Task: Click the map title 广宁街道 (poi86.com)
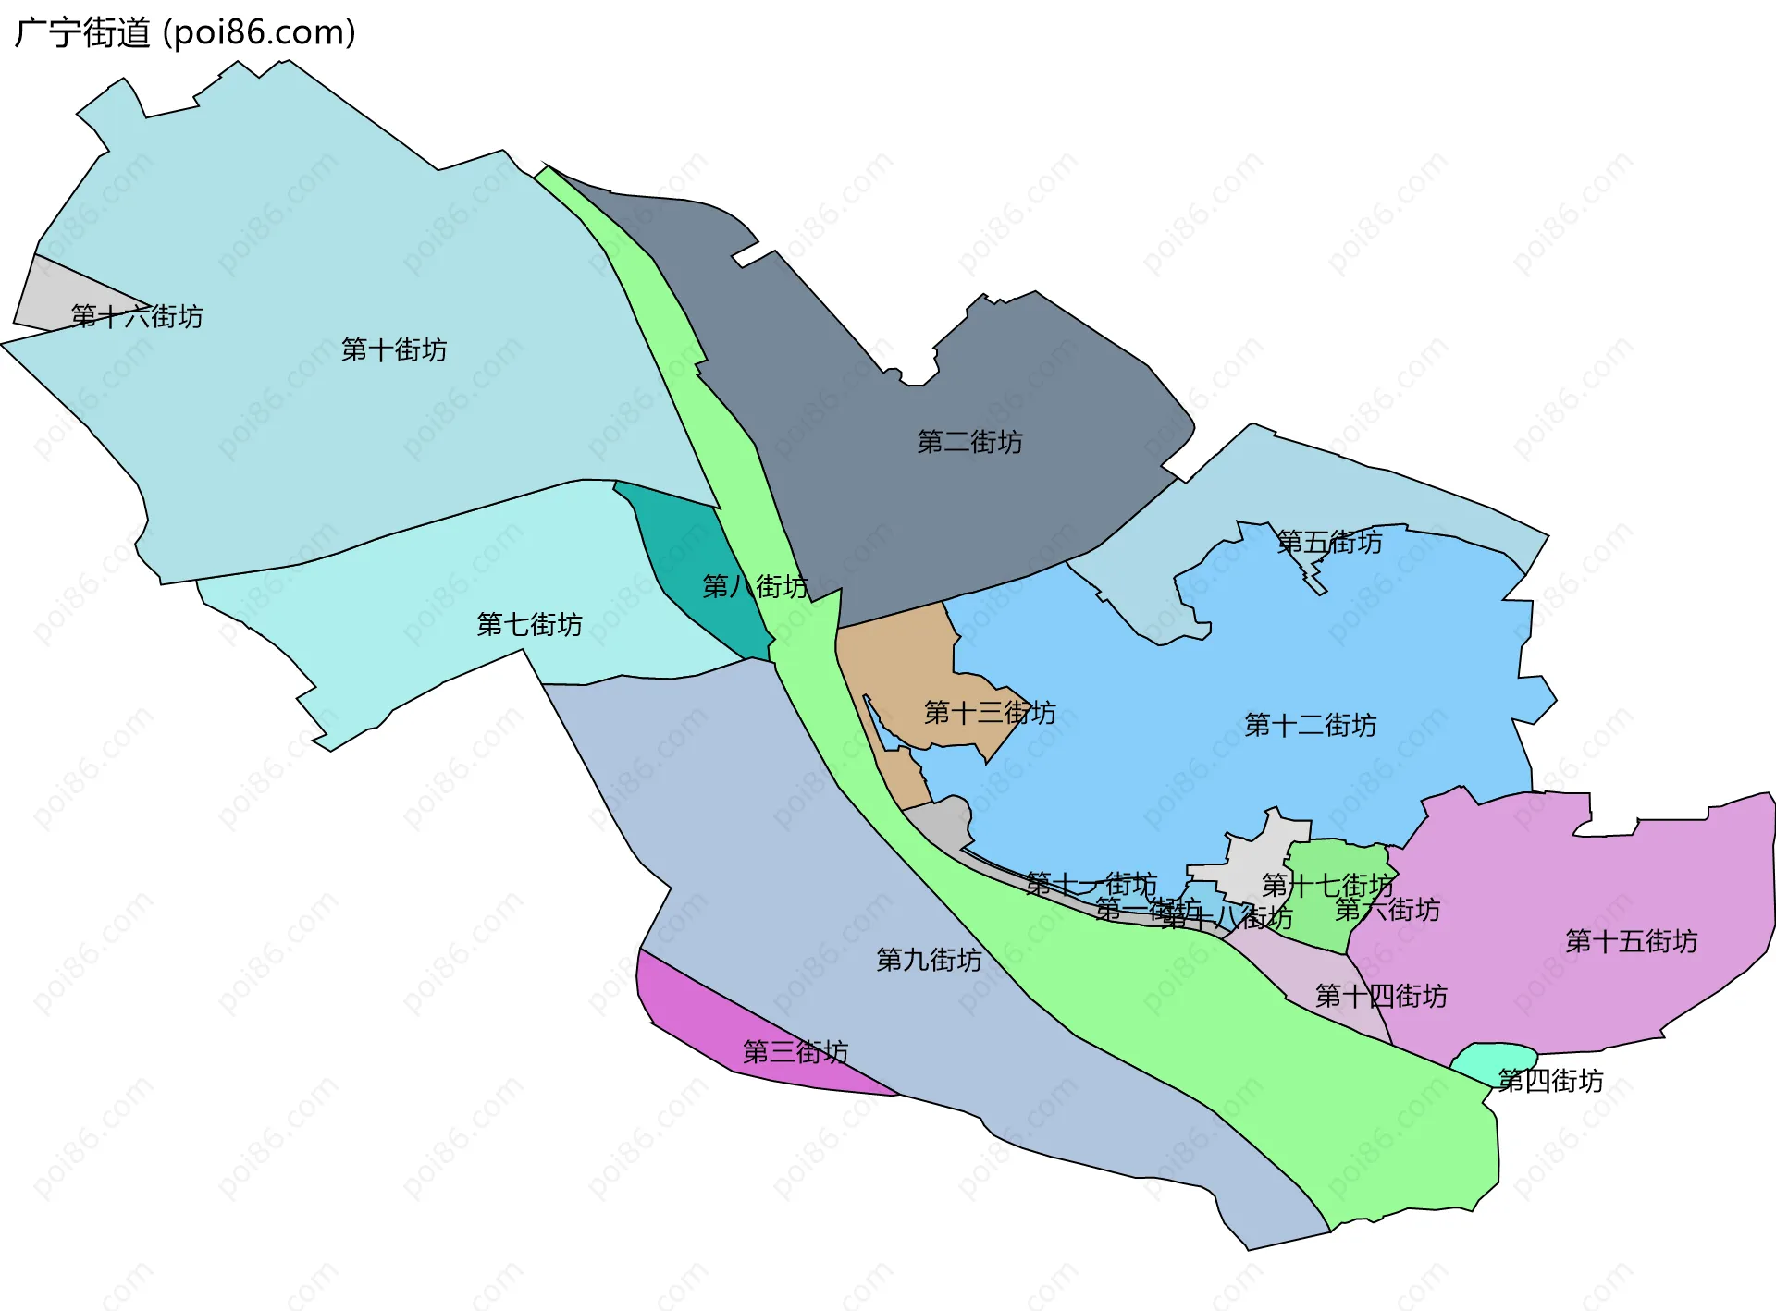point(185,33)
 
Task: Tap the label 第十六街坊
point(137,317)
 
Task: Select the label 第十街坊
point(394,350)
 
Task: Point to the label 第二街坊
point(969,443)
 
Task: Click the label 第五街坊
point(1329,543)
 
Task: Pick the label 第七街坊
point(529,625)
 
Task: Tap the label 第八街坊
point(755,587)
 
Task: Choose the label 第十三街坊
point(990,713)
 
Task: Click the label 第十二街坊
point(1310,726)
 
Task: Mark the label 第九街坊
point(929,961)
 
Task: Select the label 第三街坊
point(795,1052)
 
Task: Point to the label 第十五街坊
point(1631,942)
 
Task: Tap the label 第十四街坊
point(1381,997)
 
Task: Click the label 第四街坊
point(1550,1081)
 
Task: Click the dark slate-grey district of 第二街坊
point(832,370)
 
